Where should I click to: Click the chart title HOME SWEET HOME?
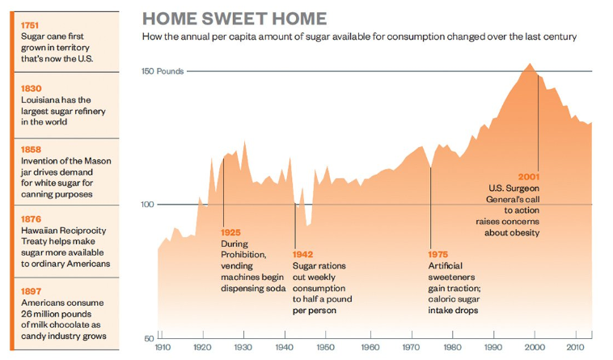[235, 19]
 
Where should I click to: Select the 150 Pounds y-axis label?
[163, 71]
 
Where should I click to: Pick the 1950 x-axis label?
[325, 348]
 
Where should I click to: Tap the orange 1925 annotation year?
[230, 233]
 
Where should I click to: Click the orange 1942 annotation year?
[302, 254]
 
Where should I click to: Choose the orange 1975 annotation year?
[438, 254]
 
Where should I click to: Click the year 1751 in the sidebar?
[32, 25]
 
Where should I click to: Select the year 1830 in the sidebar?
[32, 87]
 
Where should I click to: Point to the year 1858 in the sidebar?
[32, 149]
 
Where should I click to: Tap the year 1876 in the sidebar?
[32, 219]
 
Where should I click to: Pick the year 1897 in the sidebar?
[32, 290]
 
